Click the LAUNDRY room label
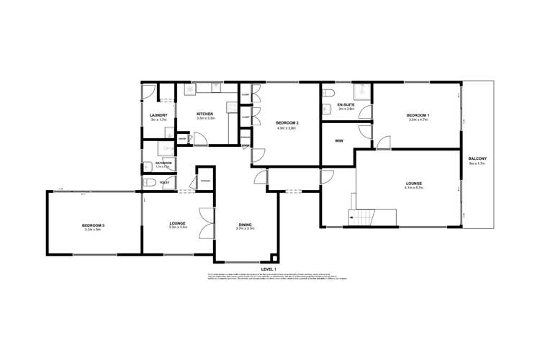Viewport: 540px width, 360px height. click(158, 115)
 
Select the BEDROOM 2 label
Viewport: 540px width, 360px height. click(287, 123)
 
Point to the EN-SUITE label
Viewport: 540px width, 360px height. click(346, 105)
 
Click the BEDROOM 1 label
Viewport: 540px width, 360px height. click(418, 115)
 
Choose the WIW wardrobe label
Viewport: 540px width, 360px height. click(338, 140)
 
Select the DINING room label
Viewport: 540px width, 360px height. click(246, 225)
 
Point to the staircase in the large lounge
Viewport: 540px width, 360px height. click(362, 217)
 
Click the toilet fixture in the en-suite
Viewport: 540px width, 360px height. click(328, 91)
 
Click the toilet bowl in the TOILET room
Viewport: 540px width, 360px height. click(147, 183)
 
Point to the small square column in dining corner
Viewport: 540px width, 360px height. click(273, 257)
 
